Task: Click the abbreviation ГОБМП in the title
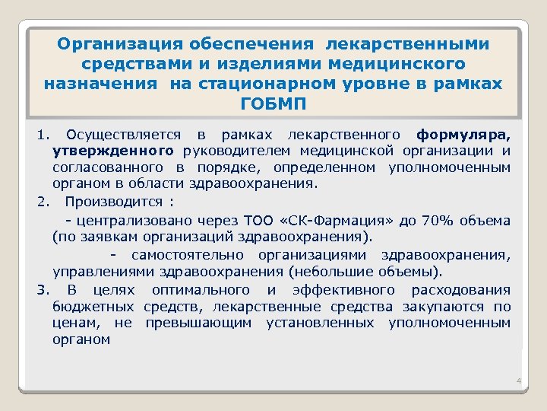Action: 273,104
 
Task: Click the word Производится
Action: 114,202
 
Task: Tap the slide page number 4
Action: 517,381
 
